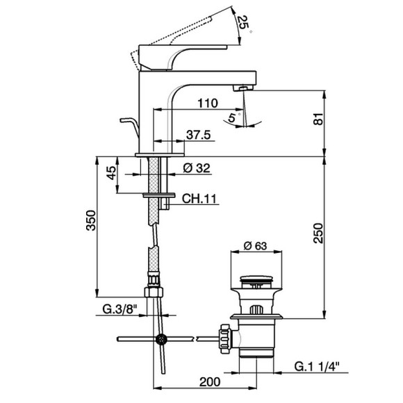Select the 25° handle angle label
point(242,24)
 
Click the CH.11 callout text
point(200,199)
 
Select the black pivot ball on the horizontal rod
point(161,340)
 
